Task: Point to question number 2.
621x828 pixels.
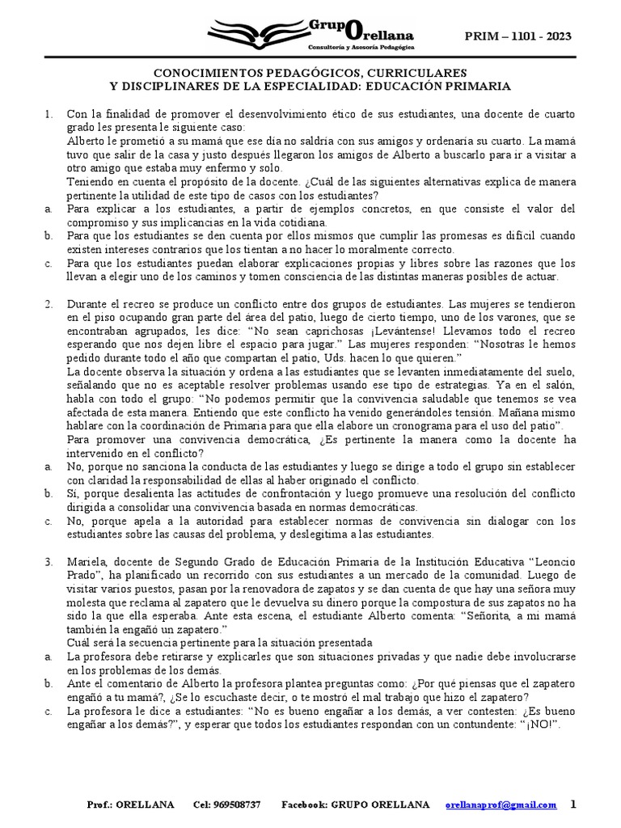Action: click(49, 304)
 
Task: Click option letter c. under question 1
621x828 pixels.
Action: click(49, 264)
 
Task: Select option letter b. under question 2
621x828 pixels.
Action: click(49, 493)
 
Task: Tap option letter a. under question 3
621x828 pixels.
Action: click(49, 656)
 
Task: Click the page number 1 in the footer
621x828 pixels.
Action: click(573, 805)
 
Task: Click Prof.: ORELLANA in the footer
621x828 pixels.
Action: click(120, 805)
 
